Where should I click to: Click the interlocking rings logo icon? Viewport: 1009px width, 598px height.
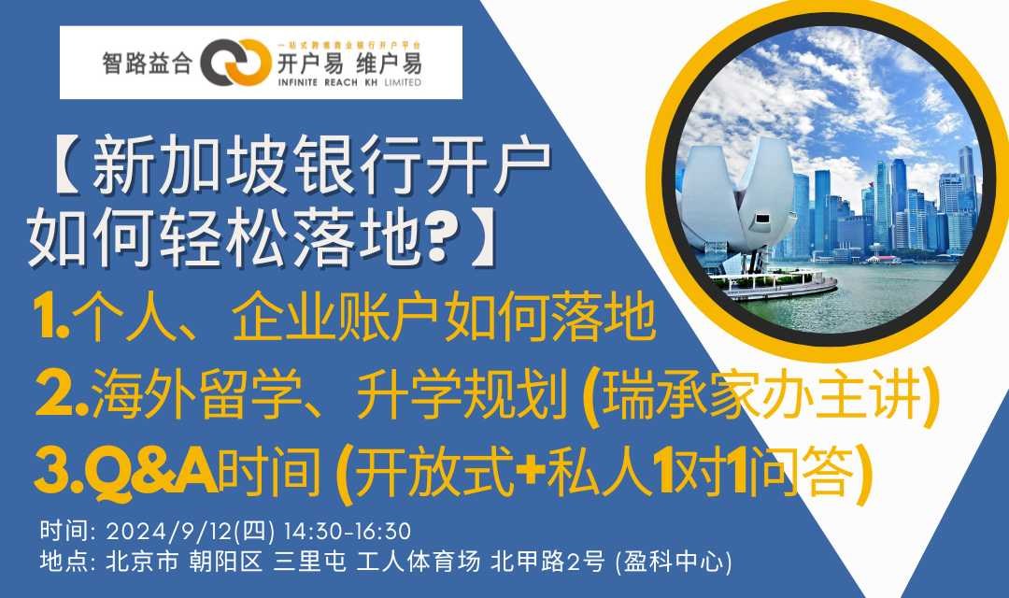pos(234,63)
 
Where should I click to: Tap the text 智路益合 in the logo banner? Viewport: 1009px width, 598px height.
pos(148,64)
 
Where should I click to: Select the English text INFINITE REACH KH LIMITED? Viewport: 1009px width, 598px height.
pos(349,82)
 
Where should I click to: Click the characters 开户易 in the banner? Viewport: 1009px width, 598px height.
pos(309,64)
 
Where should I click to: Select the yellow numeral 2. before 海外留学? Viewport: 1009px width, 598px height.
pos(62,394)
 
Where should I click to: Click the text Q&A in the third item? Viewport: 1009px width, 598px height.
pos(150,472)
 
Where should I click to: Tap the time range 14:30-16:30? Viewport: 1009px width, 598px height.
pos(347,532)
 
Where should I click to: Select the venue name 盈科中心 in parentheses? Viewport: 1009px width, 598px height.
pos(674,562)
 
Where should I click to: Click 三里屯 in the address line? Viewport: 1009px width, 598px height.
pos(309,562)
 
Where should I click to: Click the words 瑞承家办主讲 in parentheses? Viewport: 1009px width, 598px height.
pos(760,394)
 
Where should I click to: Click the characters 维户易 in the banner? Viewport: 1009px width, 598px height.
pos(390,64)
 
